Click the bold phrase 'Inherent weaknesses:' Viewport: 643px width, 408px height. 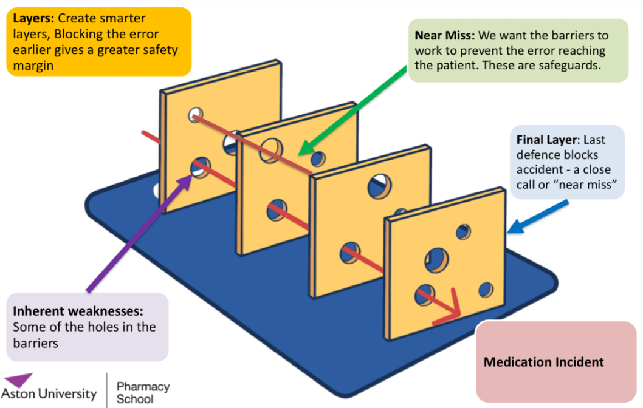pyautogui.click(x=78, y=311)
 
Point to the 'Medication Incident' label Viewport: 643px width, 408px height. pyautogui.click(x=543, y=362)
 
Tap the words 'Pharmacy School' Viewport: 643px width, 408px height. pyautogui.click(x=143, y=392)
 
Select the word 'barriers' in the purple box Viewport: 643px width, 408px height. pyautogui.click(x=35, y=342)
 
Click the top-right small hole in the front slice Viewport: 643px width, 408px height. pyautogui.click(x=463, y=231)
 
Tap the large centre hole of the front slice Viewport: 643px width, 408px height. pyautogui.click(x=436, y=259)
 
